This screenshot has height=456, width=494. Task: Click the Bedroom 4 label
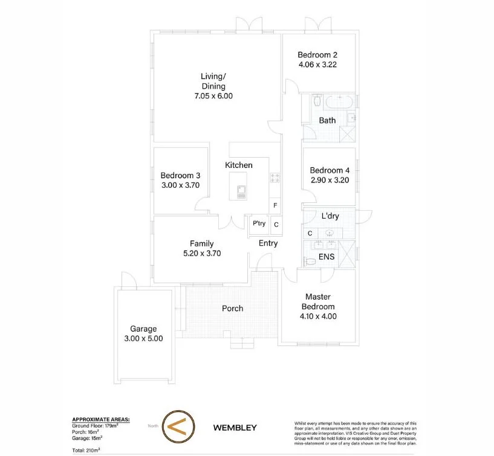click(x=330, y=170)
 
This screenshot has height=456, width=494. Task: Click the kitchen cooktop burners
click(x=275, y=178)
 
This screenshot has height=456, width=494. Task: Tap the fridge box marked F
click(x=275, y=206)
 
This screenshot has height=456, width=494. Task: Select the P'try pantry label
click(x=259, y=223)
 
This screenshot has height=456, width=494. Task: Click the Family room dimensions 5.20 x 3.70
click(x=201, y=254)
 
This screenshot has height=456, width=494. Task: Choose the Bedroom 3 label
click(x=180, y=176)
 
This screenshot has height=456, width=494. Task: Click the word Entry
click(x=268, y=243)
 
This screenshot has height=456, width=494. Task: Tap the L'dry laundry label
click(x=330, y=216)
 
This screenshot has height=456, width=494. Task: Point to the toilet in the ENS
click(x=310, y=261)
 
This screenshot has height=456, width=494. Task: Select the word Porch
click(x=232, y=309)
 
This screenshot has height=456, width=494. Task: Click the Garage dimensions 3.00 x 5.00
click(x=143, y=339)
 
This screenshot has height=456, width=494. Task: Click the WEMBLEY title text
click(x=235, y=428)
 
